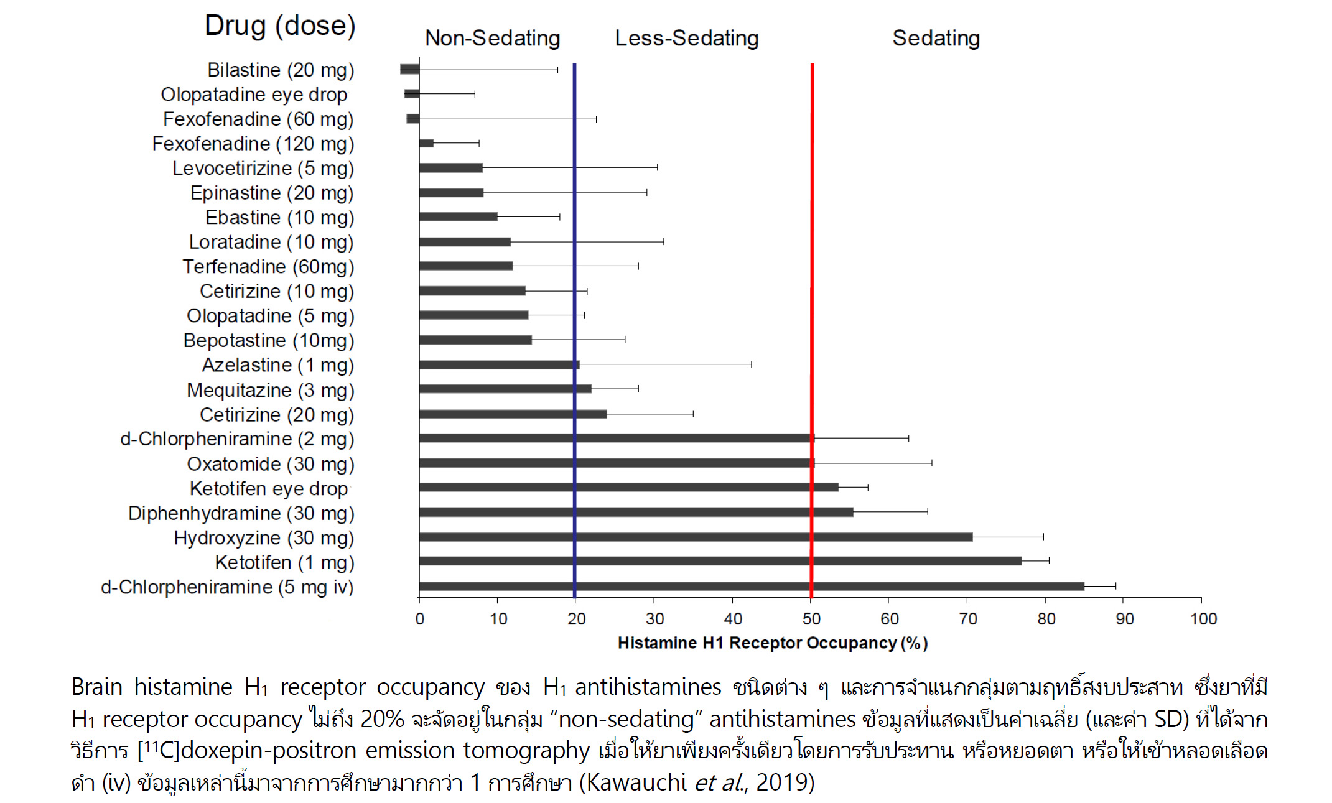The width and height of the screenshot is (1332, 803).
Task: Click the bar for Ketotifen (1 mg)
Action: [x=720, y=561]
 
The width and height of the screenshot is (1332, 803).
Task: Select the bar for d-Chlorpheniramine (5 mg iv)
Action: [x=752, y=586]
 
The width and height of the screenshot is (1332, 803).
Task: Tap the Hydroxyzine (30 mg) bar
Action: [x=696, y=537]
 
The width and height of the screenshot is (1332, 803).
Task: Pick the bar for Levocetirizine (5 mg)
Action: [x=451, y=168]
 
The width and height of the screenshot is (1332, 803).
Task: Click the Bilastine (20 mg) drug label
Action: [x=281, y=70]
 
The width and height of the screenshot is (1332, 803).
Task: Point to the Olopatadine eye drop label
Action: [x=254, y=95]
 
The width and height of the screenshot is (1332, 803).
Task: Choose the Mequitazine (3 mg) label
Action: [x=270, y=390]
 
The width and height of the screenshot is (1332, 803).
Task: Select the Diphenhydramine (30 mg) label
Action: [x=241, y=513]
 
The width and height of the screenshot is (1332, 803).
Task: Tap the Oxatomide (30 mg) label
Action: [x=270, y=464]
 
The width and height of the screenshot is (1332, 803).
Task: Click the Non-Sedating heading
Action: [x=492, y=38]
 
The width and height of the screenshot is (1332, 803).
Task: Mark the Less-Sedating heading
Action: [x=687, y=38]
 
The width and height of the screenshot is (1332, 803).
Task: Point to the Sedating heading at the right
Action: [x=936, y=38]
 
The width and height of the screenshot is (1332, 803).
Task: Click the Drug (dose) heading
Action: [x=280, y=26]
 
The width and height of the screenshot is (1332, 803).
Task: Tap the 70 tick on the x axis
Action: [x=968, y=619]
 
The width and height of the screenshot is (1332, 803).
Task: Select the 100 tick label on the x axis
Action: [x=1203, y=619]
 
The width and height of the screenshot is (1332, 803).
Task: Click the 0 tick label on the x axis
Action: [x=420, y=619]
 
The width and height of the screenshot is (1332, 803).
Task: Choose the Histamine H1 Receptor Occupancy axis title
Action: [x=772, y=643]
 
